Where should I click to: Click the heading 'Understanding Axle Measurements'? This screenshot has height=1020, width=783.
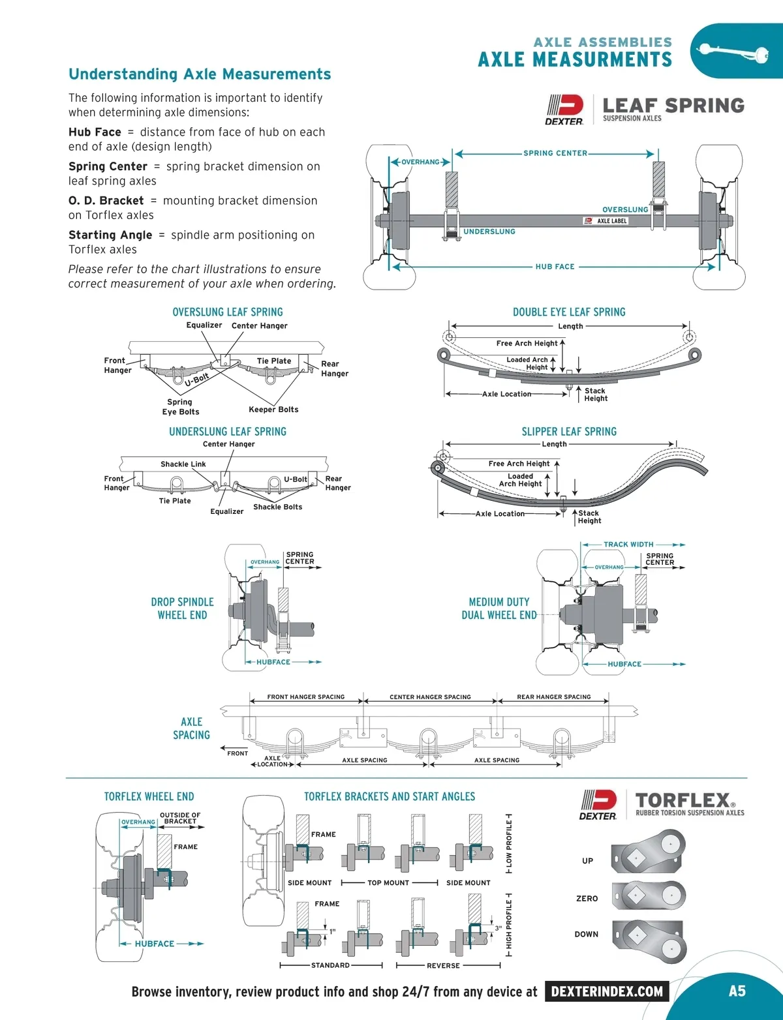pyautogui.click(x=200, y=74)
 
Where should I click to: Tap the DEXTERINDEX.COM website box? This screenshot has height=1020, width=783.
pyautogui.click(x=607, y=991)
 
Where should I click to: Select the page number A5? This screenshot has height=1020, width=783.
pyautogui.click(x=737, y=991)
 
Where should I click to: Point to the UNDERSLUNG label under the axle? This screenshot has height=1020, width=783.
pyautogui.click(x=489, y=232)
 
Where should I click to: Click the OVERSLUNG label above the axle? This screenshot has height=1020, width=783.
pyautogui.click(x=625, y=210)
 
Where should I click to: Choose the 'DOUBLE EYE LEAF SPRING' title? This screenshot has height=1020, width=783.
pyautogui.click(x=569, y=312)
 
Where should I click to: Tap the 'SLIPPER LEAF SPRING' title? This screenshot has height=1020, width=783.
pyautogui.click(x=569, y=432)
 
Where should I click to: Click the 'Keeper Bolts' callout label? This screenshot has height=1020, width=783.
pyautogui.click(x=273, y=410)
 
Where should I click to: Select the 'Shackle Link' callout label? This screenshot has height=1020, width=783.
pyautogui.click(x=183, y=464)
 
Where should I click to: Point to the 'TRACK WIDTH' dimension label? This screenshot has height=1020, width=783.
pyautogui.click(x=628, y=545)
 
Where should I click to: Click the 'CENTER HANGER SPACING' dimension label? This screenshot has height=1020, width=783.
pyautogui.click(x=430, y=697)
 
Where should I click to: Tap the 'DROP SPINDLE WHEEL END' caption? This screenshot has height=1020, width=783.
pyautogui.click(x=182, y=608)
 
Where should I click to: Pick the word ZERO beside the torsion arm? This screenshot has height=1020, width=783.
pyautogui.click(x=587, y=899)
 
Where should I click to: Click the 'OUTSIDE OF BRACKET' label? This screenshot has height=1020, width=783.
pyautogui.click(x=180, y=818)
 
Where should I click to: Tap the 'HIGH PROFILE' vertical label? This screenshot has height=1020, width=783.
pyautogui.click(x=509, y=925)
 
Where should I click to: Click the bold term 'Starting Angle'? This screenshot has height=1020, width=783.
pyautogui.click(x=110, y=235)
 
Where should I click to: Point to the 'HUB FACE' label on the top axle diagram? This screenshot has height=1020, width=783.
pyautogui.click(x=555, y=267)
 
